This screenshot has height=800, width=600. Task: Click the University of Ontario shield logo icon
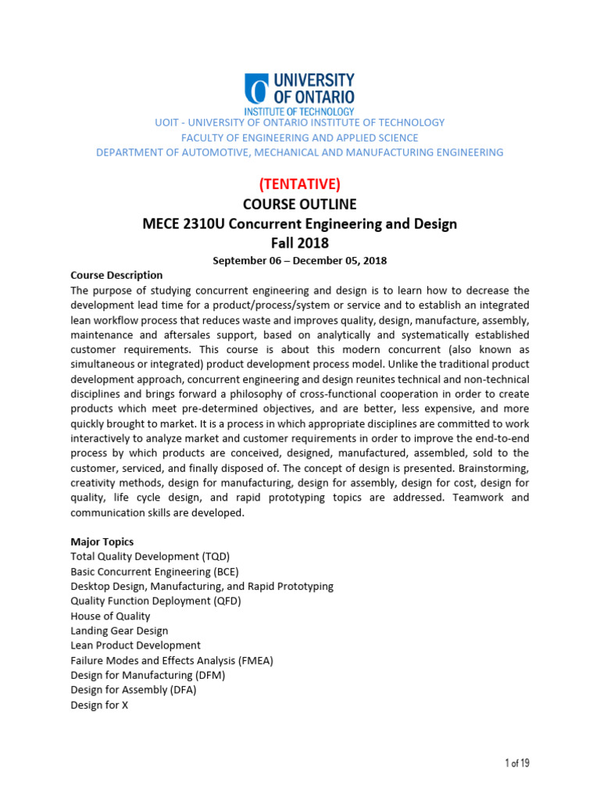pyautogui.click(x=256, y=89)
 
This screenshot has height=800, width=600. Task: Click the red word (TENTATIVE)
pyautogui.click(x=299, y=184)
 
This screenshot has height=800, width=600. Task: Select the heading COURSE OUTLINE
pyautogui.click(x=299, y=204)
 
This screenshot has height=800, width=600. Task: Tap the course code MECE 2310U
pyautogui.click(x=180, y=224)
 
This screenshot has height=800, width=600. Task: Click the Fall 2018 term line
pyautogui.click(x=299, y=243)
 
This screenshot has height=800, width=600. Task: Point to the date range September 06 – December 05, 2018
pyautogui.click(x=299, y=261)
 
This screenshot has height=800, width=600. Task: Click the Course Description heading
pyautogui.click(x=116, y=275)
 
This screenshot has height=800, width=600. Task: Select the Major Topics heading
pyautogui.click(x=102, y=541)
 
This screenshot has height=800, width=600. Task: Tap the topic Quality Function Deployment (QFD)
pyautogui.click(x=155, y=601)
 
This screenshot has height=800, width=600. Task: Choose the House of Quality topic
pyautogui.click(x=110, y=616)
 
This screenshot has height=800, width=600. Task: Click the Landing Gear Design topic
pyautogui.click(x=119, y=630)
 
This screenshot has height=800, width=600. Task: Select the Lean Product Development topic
pyautogui.click(x=135, y=645)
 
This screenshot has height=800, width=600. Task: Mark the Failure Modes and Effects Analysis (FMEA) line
pyautogui.click(x=172, y=660)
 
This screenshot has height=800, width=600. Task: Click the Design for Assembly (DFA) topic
pyautogui.click(x=133, y=690)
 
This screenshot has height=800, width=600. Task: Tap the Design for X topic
pyautogui.click(x=98, y=705)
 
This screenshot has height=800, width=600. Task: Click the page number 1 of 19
pyautogui.click(x=516, y=763)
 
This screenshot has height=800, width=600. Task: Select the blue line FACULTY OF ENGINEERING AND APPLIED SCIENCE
pyautogui.click(x=299, y=137)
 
